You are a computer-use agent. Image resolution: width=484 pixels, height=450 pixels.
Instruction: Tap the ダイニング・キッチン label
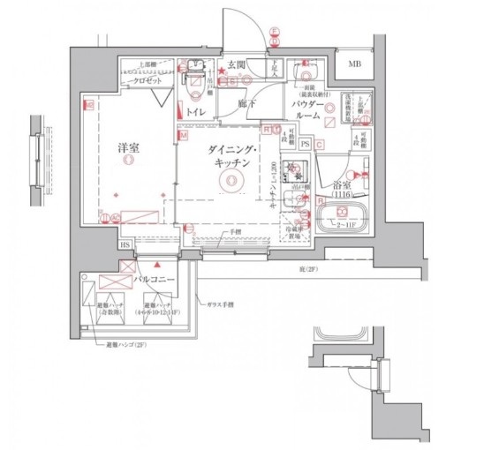232,157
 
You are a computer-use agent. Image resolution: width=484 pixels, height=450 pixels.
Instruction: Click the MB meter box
353,64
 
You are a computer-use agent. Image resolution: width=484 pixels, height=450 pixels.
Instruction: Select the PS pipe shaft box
305,144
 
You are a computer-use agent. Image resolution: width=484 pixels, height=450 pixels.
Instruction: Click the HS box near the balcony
125,244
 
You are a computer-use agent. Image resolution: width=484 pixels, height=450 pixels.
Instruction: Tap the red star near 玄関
210,71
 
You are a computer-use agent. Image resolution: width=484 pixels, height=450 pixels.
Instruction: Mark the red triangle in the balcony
157,263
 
